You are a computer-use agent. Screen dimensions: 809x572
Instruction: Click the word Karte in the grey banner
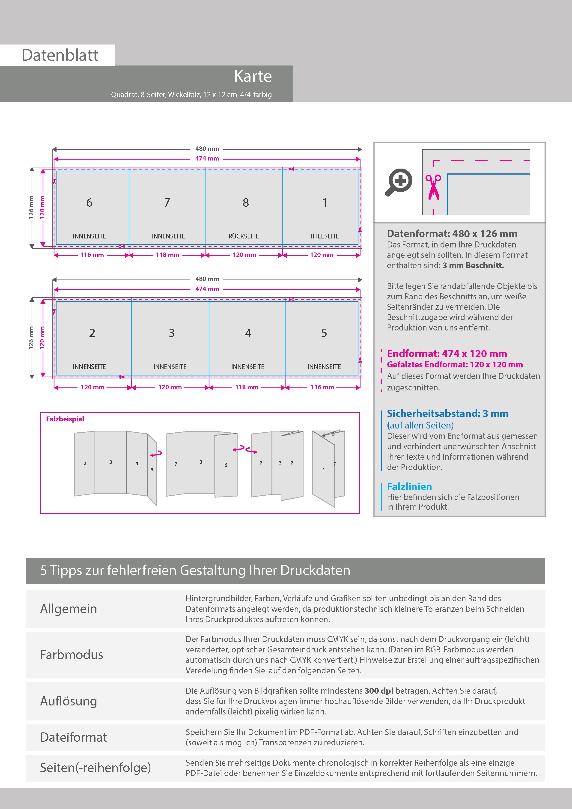pyautogui.click(x=253, y=76)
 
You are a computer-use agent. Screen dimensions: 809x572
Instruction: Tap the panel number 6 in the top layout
pyautogui.click(x=89, y=203)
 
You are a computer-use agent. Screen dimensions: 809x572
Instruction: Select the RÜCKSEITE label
pyautogui.click(x=244, y=236)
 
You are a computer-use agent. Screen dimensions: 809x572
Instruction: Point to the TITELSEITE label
pyautogui.click(x=324, y=236)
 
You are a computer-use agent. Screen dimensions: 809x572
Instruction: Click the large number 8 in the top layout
pyautogui.click(x=246, y=203)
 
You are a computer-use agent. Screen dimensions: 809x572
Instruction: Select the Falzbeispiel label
pyautogui.click(x=65, y=419)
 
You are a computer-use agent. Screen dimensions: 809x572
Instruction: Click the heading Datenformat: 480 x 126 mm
pyautogui.click(x=452, y=234)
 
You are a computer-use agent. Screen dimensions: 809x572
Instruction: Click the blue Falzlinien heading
pyautogui.click(x=409, y=487)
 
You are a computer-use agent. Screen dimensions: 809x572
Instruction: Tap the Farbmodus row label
pyautogui.click(x=71, y=655)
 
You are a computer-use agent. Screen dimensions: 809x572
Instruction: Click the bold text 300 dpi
pyautogui.click(x=379, y=691)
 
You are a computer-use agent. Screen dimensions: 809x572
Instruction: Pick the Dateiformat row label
pyautogui.click(x=73, y=737)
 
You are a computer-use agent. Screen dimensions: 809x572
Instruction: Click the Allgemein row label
pyautogui.click(x=68, y=609)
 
